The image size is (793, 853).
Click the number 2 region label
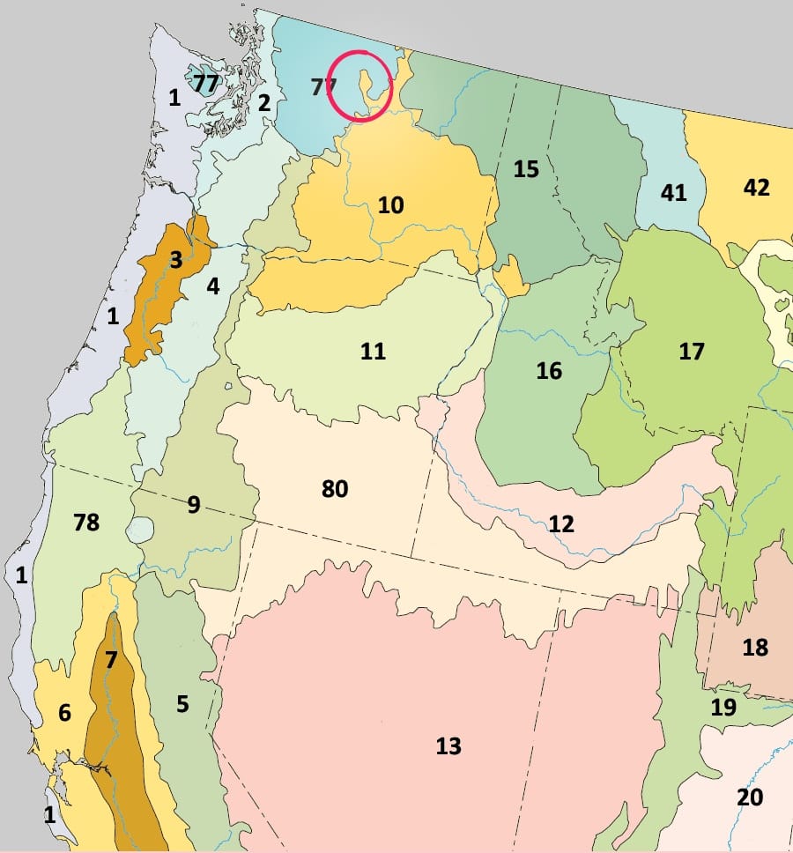coord(263,103)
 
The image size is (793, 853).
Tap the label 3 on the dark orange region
coord(176,260)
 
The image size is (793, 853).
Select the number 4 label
coord(212,286)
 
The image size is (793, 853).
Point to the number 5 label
coord(182,704)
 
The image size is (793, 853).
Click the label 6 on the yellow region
coord(64,713)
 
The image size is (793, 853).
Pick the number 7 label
coord(110,659)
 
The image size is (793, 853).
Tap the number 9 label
coord(193,505)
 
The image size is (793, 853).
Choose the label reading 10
coord(390,205)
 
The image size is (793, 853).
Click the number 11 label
coord(373,351)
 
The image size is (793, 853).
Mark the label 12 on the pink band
coord(561,524)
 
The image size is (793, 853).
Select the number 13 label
coord(448,746)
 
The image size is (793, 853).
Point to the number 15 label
coord(526,168)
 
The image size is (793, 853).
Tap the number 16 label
coord(549,371)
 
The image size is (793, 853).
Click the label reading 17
coord(692,352)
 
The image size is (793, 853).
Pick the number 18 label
coord(755,648)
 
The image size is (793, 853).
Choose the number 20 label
coord(750,797)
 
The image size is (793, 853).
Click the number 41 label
coord(673,192)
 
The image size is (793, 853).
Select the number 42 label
coord(756,188)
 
